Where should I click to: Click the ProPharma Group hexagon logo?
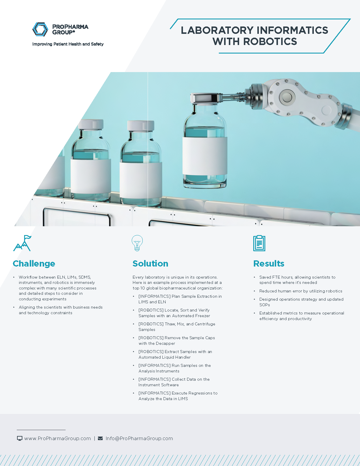point(40,29)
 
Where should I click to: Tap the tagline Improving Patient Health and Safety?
point(68,44)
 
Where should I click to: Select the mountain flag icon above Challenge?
point(22,243)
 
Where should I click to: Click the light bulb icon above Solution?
point(137,243)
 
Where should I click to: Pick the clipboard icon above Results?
point(259,243)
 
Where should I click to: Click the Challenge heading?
point(34,264)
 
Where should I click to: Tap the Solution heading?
point(150,264)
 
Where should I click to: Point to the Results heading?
point(269,264)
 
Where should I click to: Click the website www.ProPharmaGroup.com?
point(57,438)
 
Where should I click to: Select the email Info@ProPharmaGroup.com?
point(139,438)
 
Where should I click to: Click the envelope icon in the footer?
point(100,438)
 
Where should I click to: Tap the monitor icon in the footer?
point(20,438)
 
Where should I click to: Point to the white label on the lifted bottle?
point(204,156)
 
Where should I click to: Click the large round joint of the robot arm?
point(286,97)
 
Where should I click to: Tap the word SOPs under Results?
point(264,305)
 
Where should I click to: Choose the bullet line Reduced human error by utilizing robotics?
point(301,291)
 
